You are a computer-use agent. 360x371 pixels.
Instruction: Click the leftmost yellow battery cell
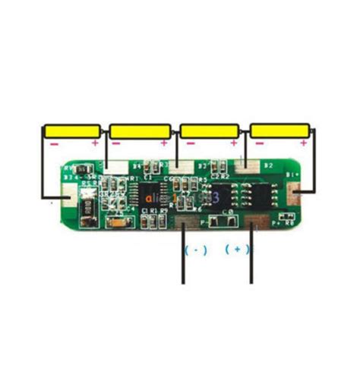[x=72, y=131]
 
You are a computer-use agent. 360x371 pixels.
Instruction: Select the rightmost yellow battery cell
[x=279, y=130]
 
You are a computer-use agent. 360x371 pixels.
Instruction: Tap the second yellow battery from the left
[x=141, y=131]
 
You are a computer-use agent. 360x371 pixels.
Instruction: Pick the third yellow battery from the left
[x=210, y=131]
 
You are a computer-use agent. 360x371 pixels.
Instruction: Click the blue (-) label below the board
[x=195, y=249]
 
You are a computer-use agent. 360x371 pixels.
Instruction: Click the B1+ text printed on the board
[x=292, y=175]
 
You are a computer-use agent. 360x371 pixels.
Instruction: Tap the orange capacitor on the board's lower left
[x=118, y=222]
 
